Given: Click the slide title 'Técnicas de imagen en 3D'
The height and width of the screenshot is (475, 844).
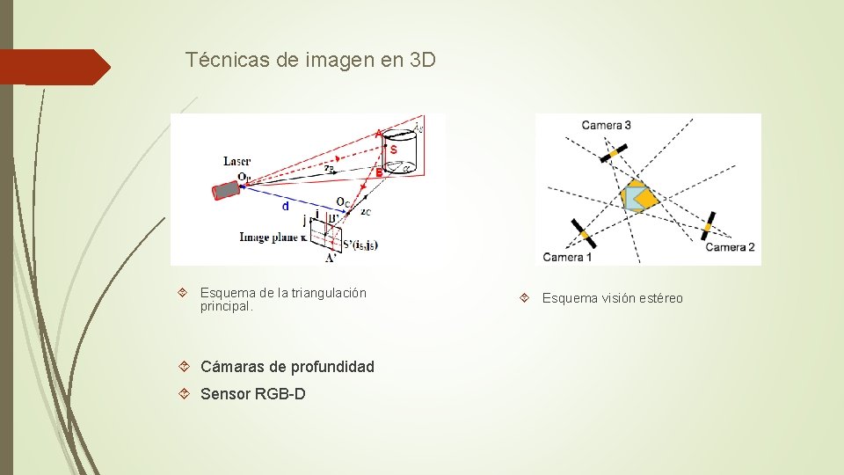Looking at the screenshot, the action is point(310,61).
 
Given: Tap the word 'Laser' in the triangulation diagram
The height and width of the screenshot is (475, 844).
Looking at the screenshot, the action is point(236,161).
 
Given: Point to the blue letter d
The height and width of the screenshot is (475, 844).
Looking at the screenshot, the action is point(284,207).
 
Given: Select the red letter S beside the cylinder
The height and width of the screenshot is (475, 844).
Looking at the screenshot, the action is point(394,150).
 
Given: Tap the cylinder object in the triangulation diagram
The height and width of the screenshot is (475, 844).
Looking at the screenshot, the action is point(402,154).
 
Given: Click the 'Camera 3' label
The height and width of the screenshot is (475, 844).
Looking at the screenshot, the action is point(606,125).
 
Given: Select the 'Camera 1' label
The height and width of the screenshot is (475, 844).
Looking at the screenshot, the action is point(567,257).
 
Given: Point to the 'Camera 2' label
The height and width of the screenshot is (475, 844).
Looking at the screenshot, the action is point(730,247).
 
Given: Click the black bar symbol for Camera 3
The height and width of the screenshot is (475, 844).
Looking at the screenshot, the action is point(615,154).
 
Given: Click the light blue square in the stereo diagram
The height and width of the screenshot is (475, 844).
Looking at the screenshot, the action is point(634,198).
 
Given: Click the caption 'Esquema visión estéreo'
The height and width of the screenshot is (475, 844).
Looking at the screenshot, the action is point(612,298).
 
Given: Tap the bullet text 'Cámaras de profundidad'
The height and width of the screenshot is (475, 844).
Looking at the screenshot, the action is point(287,367).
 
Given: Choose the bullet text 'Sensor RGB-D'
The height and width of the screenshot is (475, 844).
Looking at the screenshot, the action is point(253,394).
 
